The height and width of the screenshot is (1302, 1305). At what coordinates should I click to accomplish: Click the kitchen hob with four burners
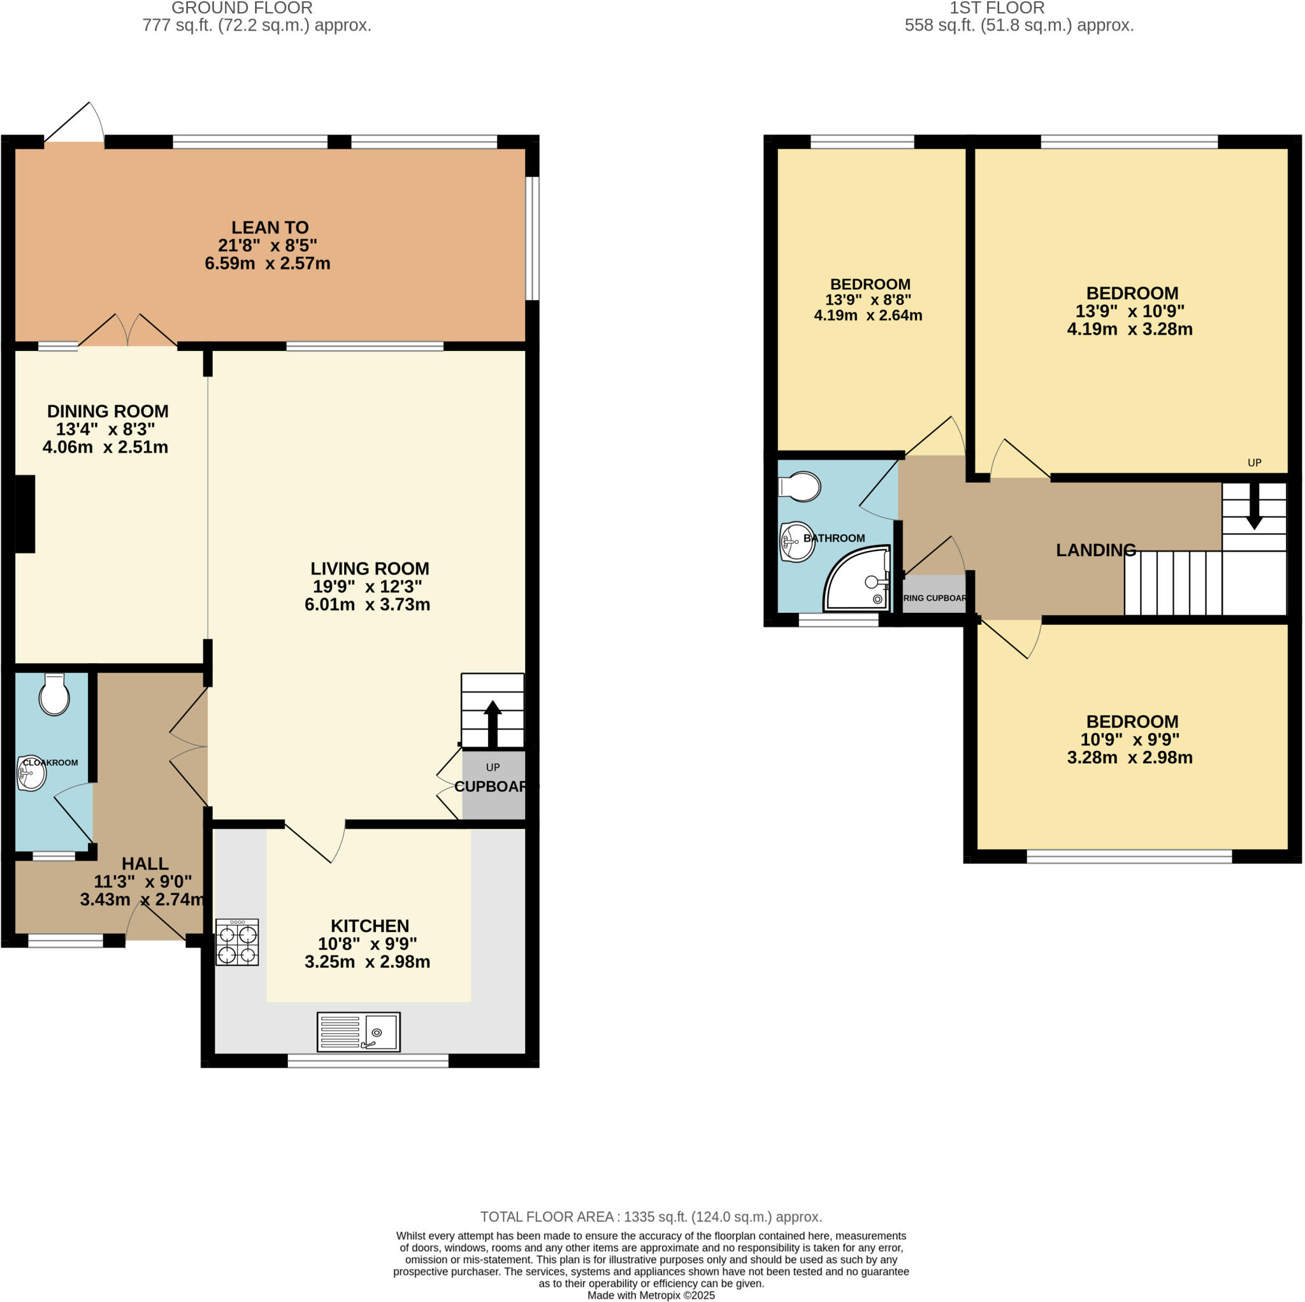pos(237,943)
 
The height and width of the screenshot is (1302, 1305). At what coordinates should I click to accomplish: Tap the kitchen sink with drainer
pos(359,1032)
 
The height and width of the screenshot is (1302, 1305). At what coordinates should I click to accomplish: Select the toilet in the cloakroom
pos(54,696)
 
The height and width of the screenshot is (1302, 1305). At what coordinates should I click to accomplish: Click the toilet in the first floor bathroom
pos(801,486)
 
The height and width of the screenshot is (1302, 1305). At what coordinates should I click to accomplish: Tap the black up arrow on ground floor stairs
pos(493,723)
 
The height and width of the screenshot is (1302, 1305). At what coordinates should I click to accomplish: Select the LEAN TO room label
pos(270,227)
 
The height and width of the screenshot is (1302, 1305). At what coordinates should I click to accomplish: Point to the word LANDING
pos(1095,550)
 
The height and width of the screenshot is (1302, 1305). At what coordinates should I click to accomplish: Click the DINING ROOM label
pos(108,411)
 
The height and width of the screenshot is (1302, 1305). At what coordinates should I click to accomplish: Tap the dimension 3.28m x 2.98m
pos(1129,758)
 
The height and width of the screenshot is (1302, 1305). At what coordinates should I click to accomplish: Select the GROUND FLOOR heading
pos(242,8)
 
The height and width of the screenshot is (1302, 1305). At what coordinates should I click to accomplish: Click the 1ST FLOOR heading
pos(997,8)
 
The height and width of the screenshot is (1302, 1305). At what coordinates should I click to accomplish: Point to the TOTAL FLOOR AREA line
pos(651,1217)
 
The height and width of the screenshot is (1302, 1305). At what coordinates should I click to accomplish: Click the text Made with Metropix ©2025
pos(651,1295)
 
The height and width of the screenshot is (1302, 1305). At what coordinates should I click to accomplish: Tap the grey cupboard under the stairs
pos(493,785)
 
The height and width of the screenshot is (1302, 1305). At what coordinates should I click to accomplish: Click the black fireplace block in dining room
pos(25,514)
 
